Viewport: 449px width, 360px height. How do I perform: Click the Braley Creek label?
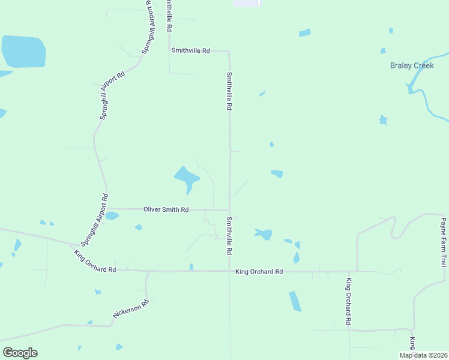(x=412, y=65)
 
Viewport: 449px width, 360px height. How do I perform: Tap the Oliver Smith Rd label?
(x=166, y=209)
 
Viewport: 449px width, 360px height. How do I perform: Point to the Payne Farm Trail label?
(x=443, y=242)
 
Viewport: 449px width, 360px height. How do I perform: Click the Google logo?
(x=20, y=352)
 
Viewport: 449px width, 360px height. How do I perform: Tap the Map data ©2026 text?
(x=423, y=355)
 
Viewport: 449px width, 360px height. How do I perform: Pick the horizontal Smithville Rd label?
(x=190, y=52)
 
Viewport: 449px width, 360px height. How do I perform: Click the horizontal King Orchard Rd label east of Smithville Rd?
(x=259, y=272)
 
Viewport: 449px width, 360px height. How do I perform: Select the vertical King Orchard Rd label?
(x=348, y=301)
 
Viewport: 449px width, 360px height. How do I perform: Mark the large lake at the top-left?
(x=24, y=52)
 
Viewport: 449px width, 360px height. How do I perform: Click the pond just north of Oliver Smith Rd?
(x=187, y=178)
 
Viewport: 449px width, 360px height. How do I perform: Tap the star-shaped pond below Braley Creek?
(x=383, y=120)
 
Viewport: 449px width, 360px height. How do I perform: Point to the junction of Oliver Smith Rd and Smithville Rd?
(x=229, y=210)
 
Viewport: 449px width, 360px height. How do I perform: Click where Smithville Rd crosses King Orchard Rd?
(x=229, y=271)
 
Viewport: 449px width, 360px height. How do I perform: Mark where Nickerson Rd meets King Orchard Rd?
(x=146, y=271)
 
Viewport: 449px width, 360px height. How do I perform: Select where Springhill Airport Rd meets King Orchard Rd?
(x=77, y=245)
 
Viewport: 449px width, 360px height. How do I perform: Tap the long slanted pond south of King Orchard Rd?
(x=295, y=301)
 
